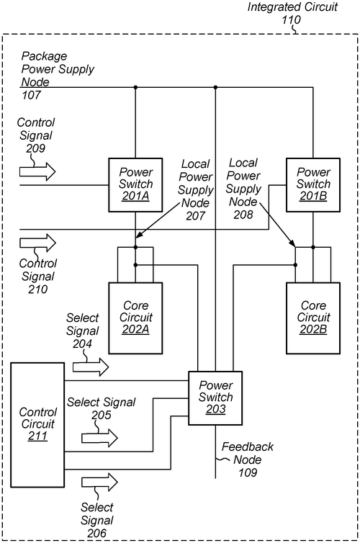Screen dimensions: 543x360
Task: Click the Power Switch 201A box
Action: point(135,184)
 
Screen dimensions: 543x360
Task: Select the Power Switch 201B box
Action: point(313,184)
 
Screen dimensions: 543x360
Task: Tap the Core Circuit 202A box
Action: point(135,318)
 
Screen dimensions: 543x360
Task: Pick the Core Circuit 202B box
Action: point(313,318)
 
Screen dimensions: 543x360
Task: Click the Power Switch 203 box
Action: point(216,398)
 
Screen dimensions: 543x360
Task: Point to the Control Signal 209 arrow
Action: point(37,171)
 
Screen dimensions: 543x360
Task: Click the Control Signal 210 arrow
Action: point(37,243)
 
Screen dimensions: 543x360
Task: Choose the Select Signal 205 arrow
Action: point(99,437)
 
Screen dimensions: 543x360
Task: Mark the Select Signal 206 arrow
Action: point(99,482)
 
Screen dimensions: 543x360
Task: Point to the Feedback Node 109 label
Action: point(247,459)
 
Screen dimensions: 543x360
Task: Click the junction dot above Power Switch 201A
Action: point(135,88)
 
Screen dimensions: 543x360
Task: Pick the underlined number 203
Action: point(216,410)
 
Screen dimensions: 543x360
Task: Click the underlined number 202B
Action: point(313,330)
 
